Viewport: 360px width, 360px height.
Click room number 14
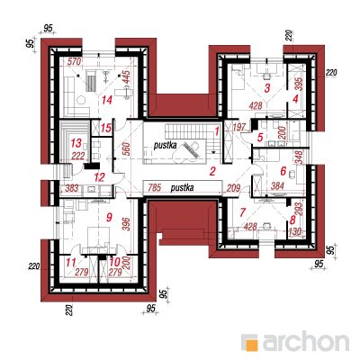(107, 100)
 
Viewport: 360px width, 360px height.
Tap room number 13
(76, 143)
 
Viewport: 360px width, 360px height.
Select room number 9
(109, 217)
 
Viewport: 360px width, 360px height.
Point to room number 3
(267, 88)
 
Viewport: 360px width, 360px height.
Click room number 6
(283, 171)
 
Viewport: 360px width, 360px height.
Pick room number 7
(242, 212)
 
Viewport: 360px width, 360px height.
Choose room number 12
(99, 177)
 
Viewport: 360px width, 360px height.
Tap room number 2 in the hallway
(212, 172)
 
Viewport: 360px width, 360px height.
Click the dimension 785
(155, 188)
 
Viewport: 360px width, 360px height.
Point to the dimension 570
(75, 62)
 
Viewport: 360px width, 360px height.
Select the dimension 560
(126, 148)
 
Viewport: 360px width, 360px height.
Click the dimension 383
(72, 188)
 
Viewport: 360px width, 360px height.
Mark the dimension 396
(127, 224)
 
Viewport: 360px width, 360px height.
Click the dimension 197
(239, 129)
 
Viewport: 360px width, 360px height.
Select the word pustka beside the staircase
(165, 146)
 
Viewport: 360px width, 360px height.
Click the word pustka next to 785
(182, 188)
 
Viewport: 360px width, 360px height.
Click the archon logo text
(306, 341)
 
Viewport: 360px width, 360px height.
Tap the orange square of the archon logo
(250, 342)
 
